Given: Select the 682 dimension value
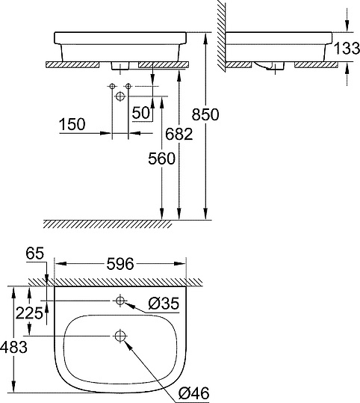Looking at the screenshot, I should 174,134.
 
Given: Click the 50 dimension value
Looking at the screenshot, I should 140,112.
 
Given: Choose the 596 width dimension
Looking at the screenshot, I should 120,264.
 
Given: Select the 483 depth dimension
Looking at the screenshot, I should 13,347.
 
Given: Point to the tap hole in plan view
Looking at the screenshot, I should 120,300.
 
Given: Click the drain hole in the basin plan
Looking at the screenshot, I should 120,336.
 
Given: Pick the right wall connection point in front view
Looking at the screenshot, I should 129,87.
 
